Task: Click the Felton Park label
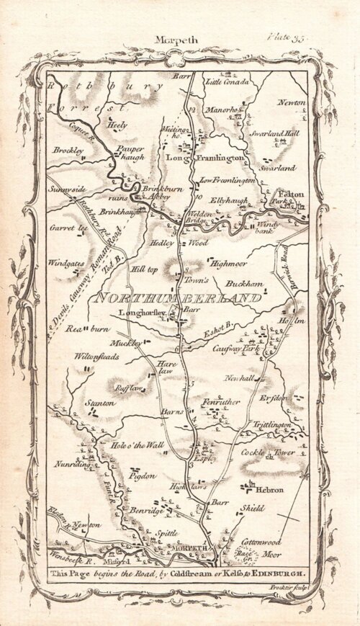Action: [291, 199]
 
